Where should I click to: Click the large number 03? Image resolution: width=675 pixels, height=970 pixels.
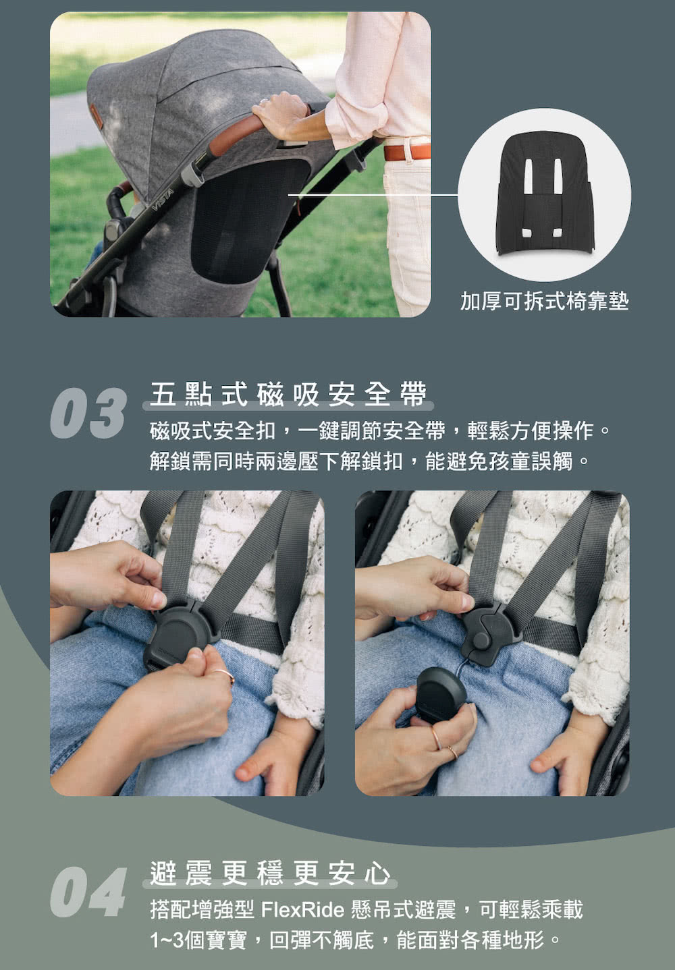pyautogui.click(x=88, y=413)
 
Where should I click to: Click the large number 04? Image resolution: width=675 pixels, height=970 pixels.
pyautogui.click(x=88, y=892)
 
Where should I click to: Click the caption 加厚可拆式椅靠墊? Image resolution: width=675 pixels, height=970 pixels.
pyautogui.click(x=544, y=301)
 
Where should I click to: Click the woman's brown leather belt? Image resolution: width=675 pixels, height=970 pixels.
pyautogui.click(x=407, y=152)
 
